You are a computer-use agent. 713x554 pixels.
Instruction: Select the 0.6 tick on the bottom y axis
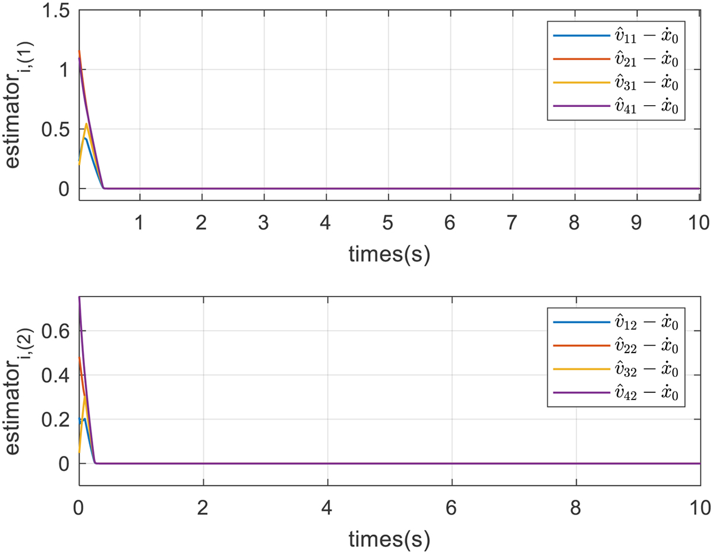[57, 331]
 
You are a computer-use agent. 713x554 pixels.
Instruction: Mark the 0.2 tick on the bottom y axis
[57, 420]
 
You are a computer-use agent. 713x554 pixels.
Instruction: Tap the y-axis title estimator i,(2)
[19, 392]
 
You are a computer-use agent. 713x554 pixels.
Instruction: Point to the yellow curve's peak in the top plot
[87, 124]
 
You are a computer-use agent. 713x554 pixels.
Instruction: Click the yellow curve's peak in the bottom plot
[86, 396]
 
